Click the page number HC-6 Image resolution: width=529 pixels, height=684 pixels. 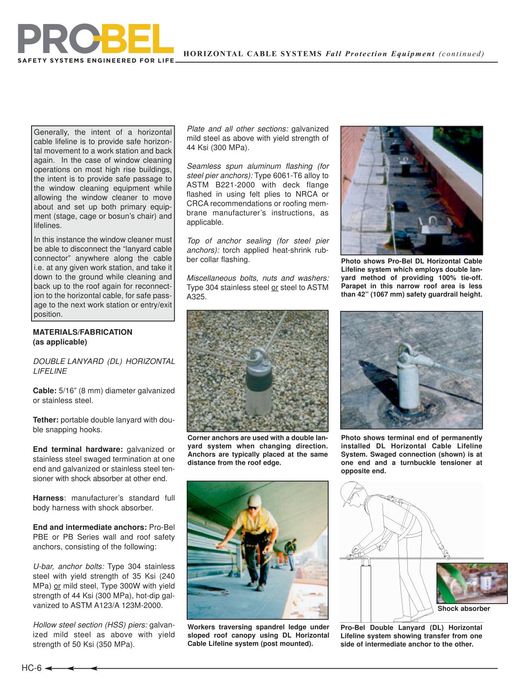coord(32,668)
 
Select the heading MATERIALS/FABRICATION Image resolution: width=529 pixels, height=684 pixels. coord(83,332)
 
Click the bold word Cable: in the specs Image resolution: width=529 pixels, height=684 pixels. coord(44,391)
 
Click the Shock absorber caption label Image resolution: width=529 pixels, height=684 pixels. coord(463,609)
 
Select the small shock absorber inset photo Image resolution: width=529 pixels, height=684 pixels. coord(472,583)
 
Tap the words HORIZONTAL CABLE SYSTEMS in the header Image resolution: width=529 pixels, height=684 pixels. coord(253,54)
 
